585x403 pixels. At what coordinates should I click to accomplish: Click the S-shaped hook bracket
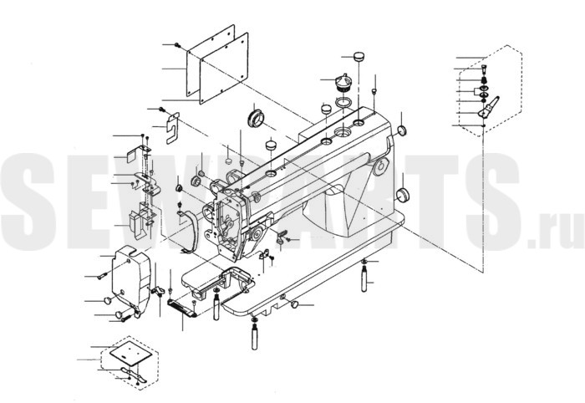(172, 129)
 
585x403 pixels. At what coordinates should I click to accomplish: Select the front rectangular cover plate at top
(224, 69)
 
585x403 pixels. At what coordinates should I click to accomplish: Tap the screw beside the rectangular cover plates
(177, 45)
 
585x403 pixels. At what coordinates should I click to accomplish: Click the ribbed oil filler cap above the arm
(343, 83)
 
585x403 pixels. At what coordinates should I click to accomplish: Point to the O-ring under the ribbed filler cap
(343, 101)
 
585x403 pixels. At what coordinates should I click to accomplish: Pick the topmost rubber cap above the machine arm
(359, 57)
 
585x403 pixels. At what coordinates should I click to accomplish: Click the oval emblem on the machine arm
(380, 166)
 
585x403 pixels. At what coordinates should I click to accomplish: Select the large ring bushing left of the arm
(257, 117)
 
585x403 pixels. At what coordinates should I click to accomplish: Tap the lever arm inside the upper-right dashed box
(488, 108)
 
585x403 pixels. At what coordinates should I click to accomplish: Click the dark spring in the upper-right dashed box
(484, 80)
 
